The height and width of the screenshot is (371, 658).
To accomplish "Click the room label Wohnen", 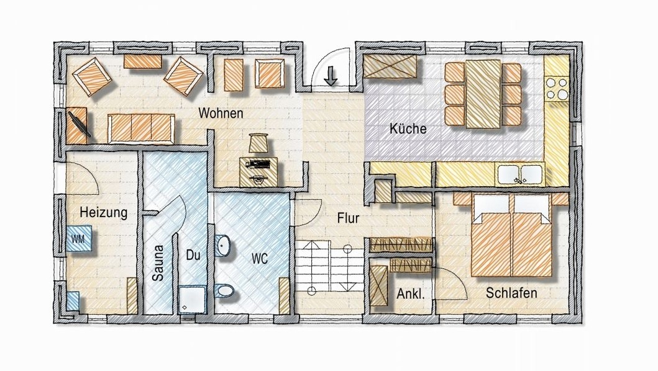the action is click(221, 113).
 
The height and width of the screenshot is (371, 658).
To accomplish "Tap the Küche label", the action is click(408, 128).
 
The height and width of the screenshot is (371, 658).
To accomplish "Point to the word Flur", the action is click(349, 218).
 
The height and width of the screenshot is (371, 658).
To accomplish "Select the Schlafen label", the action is click(511, 293).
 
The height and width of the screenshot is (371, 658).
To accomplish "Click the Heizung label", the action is click(104, 213).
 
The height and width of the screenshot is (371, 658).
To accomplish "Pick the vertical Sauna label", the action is click(158, 263).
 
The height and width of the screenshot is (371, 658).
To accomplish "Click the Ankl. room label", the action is click(411, 294).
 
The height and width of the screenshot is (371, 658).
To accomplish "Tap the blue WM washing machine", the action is click(79, 238).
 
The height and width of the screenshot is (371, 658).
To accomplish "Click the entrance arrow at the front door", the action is click(331, 76).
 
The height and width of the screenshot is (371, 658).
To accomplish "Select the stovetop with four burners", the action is click(557, 88).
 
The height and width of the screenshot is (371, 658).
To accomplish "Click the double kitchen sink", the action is click(520, 174).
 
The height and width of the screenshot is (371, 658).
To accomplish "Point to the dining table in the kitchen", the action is click(483, 94).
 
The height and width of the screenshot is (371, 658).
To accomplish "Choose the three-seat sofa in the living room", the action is click(141, 128).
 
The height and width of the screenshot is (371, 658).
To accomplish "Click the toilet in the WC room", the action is click(225, 290).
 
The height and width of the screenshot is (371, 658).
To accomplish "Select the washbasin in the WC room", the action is click(223, 245).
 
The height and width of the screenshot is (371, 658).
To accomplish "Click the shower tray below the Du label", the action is click(192, 299).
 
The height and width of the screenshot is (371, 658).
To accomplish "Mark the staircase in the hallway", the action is click(329, 266).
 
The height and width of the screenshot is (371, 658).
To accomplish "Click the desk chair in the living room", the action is click(258, 143).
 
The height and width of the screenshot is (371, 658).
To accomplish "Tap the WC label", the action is click(260, 259).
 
